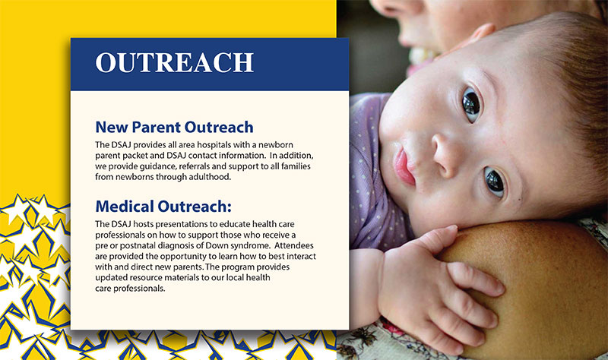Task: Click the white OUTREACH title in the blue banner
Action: (x=175, y=62)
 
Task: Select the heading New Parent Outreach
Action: (x=174, y=127)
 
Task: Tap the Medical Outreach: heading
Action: (x=163, y=206)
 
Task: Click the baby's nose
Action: (x=445, y=154)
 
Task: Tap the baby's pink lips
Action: (x=404, y=167)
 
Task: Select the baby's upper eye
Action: (x=471, y=104)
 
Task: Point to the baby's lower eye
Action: (x=495, y=182)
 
